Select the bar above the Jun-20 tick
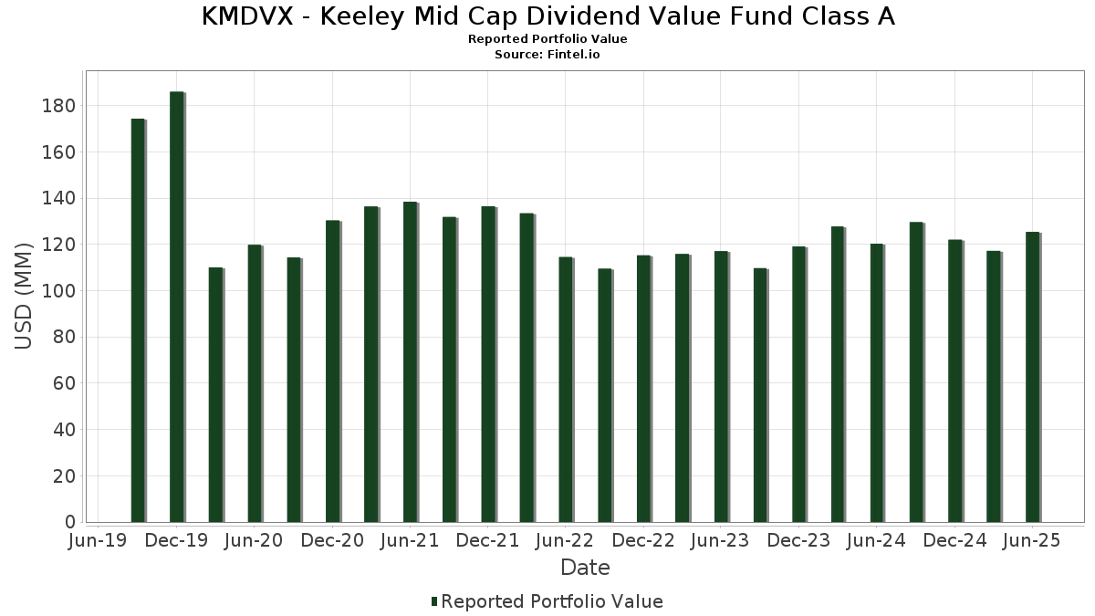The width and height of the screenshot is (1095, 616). click(255, 383)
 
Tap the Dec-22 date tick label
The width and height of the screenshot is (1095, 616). click(643, 540)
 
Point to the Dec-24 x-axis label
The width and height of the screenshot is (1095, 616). click(954, 540)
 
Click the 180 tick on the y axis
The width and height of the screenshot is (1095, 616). click(57, 106)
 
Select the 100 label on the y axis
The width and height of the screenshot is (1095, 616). click(57, 291)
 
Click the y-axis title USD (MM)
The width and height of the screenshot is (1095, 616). click(25, 295)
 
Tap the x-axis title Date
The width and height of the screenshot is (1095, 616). click(585, 568)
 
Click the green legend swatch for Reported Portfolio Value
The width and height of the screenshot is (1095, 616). click(434, 601)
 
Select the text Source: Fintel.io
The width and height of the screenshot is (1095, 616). click(547, 55)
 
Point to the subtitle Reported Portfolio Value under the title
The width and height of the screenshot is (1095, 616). click(547, 39)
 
